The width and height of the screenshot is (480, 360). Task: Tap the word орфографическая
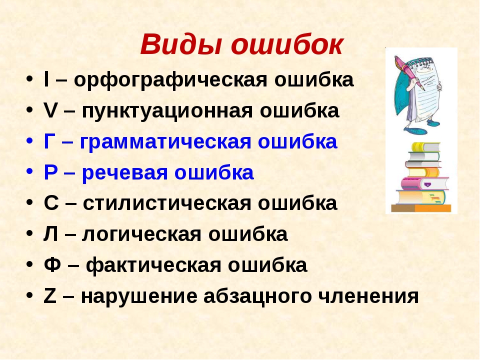(170, 80)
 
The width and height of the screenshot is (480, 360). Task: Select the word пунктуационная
(167, 111)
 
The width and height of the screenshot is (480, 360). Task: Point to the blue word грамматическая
(165, 142)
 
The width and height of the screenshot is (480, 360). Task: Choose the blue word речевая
(124, 172)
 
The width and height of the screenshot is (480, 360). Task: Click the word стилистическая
(167, 203)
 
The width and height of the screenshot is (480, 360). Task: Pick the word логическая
(141, 234)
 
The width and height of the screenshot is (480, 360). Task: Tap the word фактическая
(153, 265)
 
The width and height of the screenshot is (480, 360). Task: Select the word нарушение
(139, 296)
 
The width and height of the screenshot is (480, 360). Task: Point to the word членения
(368, 296)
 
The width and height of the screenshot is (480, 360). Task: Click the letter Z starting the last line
(50, 296)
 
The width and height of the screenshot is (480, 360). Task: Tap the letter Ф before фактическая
(52, 265)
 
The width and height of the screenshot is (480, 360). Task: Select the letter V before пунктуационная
(50, 111)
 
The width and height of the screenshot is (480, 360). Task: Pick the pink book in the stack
(424, 184)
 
